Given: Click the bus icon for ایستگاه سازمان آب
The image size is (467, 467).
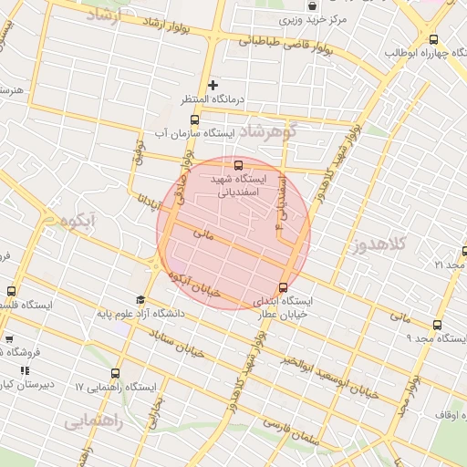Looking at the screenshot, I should point(193,119).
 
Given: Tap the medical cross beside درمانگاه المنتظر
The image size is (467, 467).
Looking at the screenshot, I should point(213,85).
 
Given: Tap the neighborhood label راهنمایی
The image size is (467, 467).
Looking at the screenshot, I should point(90,422).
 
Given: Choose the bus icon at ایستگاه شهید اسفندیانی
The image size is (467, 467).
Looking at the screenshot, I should point(238,166).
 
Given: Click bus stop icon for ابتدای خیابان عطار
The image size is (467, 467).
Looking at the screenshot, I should point(282,288).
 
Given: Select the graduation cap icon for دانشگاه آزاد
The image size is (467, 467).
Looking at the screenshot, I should point(140,299).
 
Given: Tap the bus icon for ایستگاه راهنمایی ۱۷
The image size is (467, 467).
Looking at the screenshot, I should point(114,373).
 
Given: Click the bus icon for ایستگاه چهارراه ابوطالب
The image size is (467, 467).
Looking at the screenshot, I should point(432,39).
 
